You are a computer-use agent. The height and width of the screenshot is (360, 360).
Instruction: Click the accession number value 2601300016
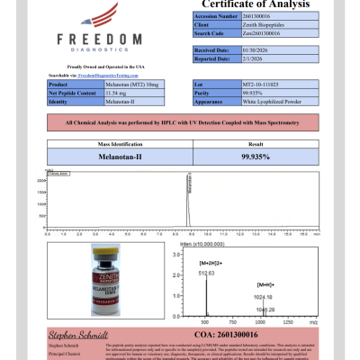[224, 16]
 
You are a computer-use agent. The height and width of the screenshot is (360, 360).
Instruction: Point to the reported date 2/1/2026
[217, 59]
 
